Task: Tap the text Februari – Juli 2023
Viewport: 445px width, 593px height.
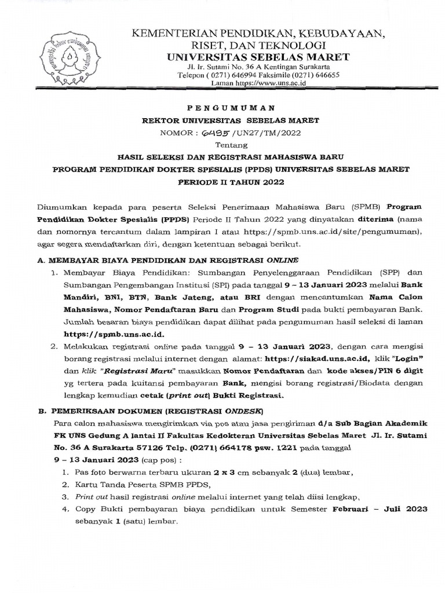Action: tap(380, 510)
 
